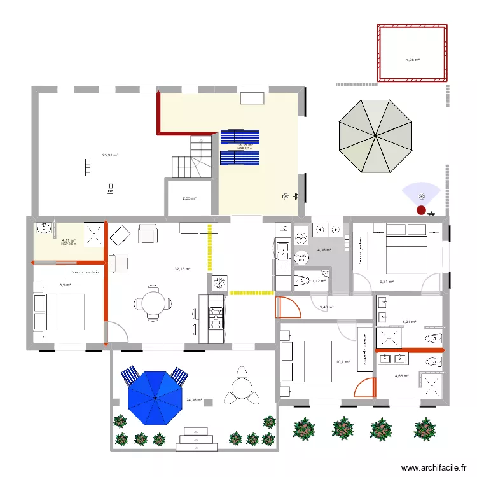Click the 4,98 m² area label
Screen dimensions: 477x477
[x=413, y=60]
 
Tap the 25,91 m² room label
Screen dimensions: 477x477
[x=111, y=155]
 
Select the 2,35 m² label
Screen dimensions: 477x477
[x=190, y=198]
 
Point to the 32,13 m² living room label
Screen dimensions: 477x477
[x=183, y=269]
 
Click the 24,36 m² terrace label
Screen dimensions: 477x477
[x=194, y=400]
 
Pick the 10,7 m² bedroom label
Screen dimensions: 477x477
[x=343, y=363]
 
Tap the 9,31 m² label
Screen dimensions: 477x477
[x=387, y=282]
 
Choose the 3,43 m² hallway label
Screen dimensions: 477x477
[x=326, y=308]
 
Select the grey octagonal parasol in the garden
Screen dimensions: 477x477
[x=376, y=136]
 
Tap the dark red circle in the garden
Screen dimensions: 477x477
[x=420, y=209]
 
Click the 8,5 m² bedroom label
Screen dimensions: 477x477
[x=65, y=285]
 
